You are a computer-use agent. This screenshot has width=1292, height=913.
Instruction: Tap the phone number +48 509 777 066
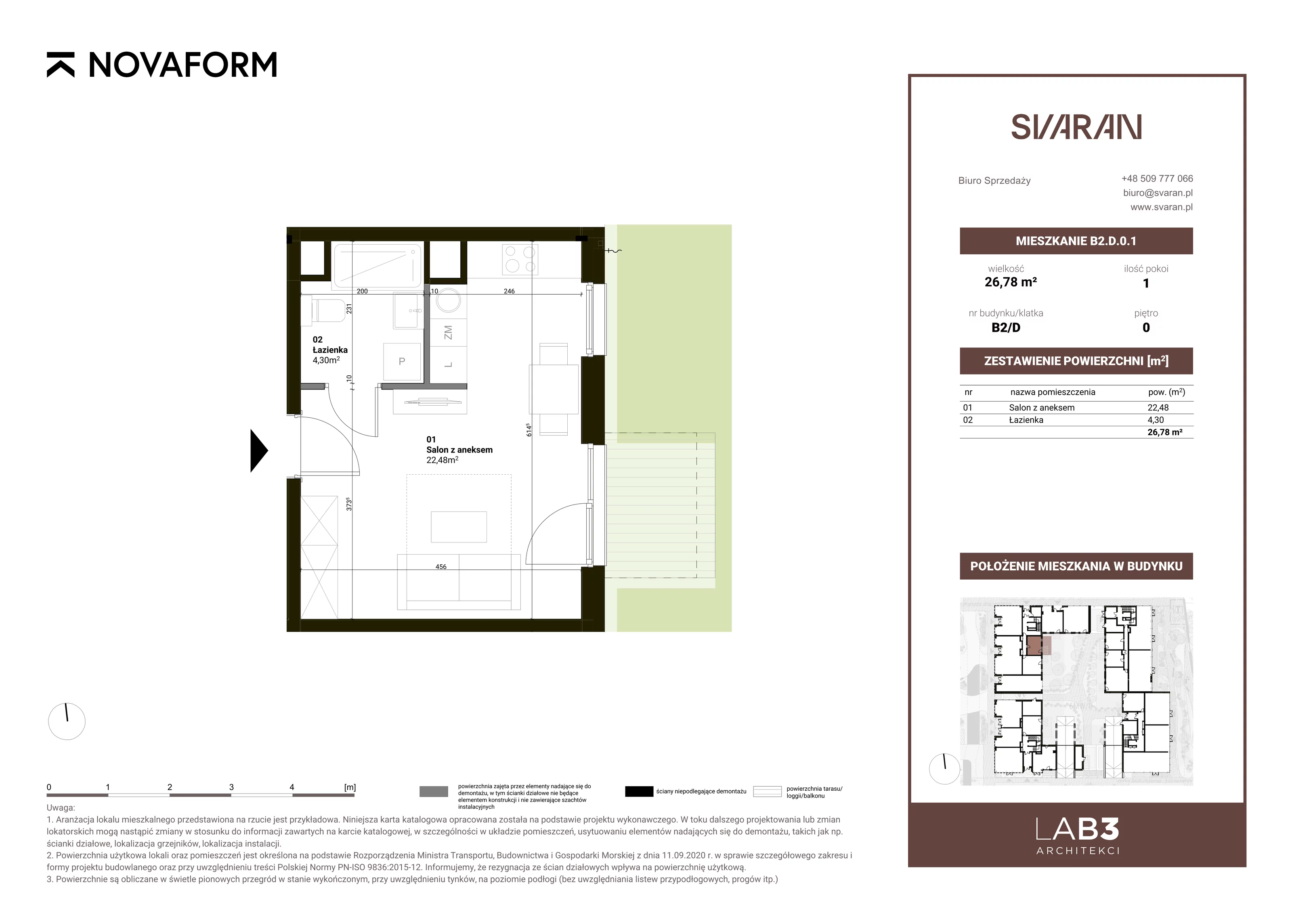(x=1157, y=178)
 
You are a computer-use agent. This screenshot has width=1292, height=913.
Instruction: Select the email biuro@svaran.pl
(x=1158, y=193)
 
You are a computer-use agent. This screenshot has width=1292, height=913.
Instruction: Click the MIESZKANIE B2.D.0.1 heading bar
(x=1076, y=241)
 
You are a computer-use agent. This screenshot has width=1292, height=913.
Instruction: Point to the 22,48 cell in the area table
(x=1158, y=407)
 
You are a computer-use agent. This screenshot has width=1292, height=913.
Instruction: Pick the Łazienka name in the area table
(x=1026, y=420)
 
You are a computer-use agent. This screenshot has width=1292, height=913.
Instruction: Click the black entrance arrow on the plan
(x=259, y=450)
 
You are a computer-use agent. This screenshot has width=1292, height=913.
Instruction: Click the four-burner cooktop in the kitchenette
(x=519, y=260)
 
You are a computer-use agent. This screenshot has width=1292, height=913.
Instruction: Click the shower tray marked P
(x=402, y=362)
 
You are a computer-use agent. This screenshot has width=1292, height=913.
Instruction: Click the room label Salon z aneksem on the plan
(x=459, y=450)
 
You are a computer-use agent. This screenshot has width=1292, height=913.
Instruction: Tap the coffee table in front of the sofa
(x=459, y=527)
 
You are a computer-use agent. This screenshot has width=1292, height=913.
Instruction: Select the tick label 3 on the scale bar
(x=231, y=787)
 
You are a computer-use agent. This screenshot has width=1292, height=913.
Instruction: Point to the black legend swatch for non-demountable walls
(x=639, y=792)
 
